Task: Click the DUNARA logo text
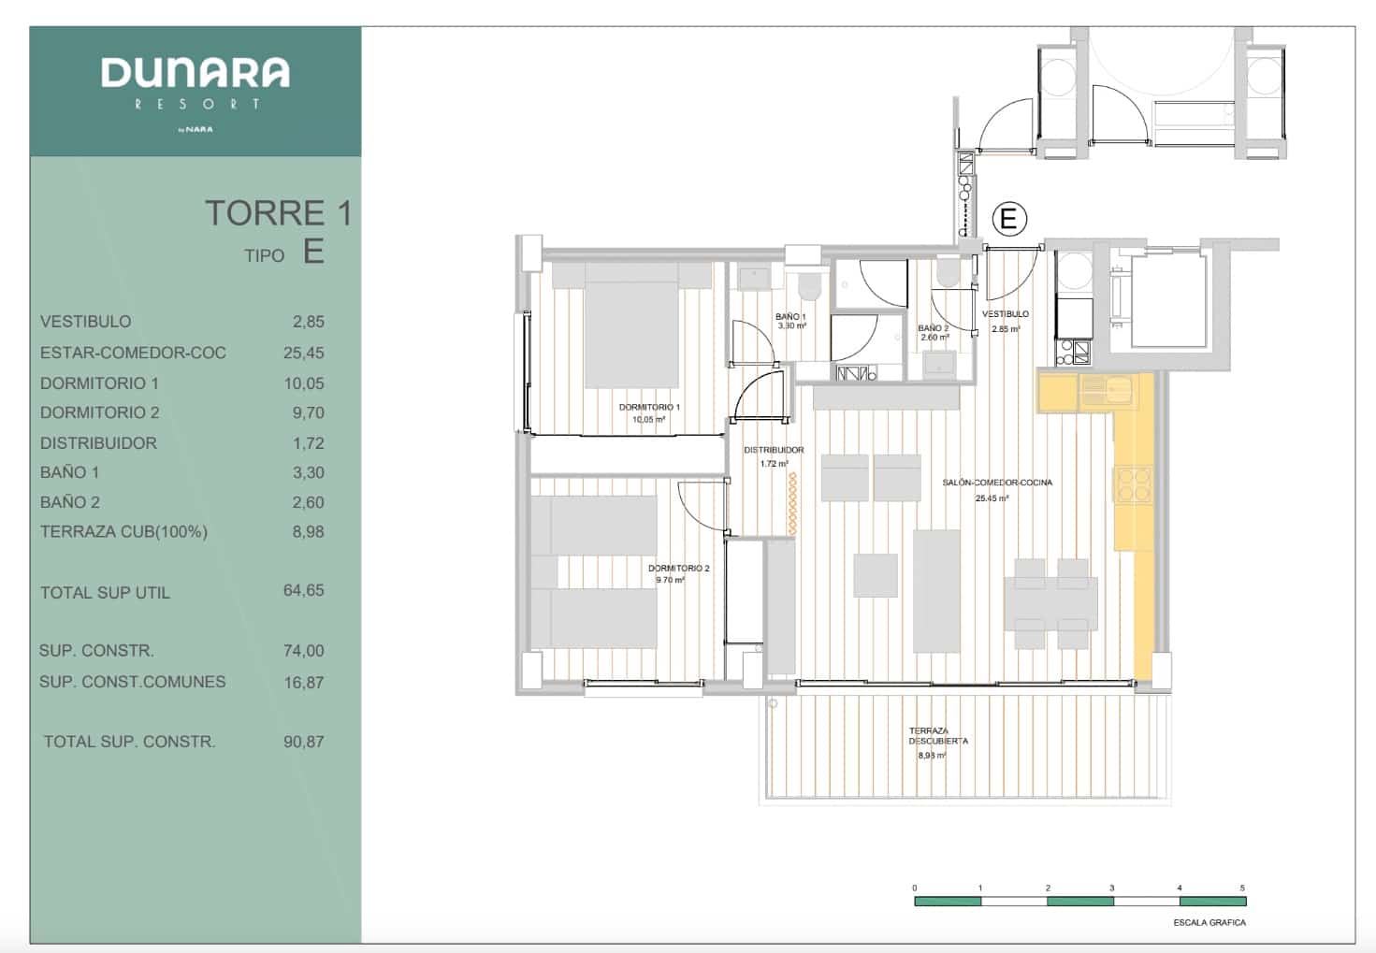point(195,73)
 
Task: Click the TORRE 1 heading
point(278,213)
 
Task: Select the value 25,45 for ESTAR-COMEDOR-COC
point(303,353)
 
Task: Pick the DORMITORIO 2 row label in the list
point(99,412)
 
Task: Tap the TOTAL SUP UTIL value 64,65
point(303,590)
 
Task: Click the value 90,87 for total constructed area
point(303,742)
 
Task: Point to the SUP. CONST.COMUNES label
point(132,682)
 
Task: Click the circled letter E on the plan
point(1008,219)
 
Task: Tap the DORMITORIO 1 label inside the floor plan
point(649,408)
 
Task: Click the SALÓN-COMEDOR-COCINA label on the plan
point(997,483)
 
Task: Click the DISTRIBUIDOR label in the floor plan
point(774,450)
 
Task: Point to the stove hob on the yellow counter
point(1133,484)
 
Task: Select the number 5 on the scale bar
point(1242,888)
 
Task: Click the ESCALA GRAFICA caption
point(1209,922)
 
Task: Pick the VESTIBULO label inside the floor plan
point(1006,314)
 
